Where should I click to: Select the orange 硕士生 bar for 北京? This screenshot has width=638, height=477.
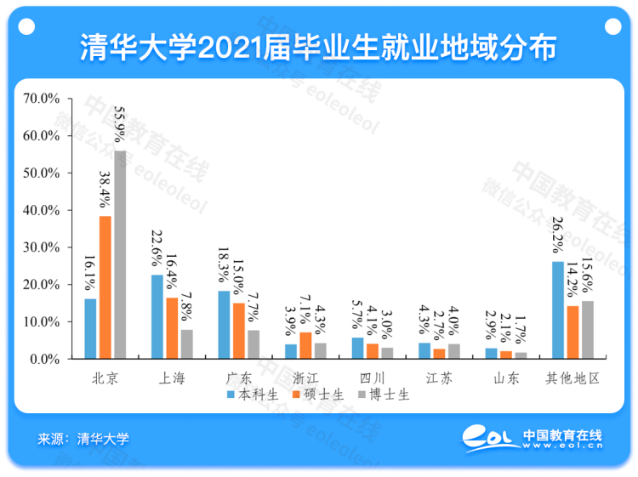click(x=105, y=287)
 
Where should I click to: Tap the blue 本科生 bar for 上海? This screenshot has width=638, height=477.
click(x=157, y=316)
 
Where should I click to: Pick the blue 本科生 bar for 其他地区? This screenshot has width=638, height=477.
click(x=558, y=309)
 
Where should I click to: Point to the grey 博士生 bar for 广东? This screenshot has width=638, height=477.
click(x=253, y=344)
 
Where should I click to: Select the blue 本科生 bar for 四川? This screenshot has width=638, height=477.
click(x=357, y=348)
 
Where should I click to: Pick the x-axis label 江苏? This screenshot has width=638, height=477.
click(x=438, y=378)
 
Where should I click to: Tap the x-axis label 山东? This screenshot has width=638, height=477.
click(x=504, y=378)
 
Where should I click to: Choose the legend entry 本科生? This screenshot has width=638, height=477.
click(x=254, y=395)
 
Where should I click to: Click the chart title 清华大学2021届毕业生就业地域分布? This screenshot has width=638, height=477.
click(x=318, y=48)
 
